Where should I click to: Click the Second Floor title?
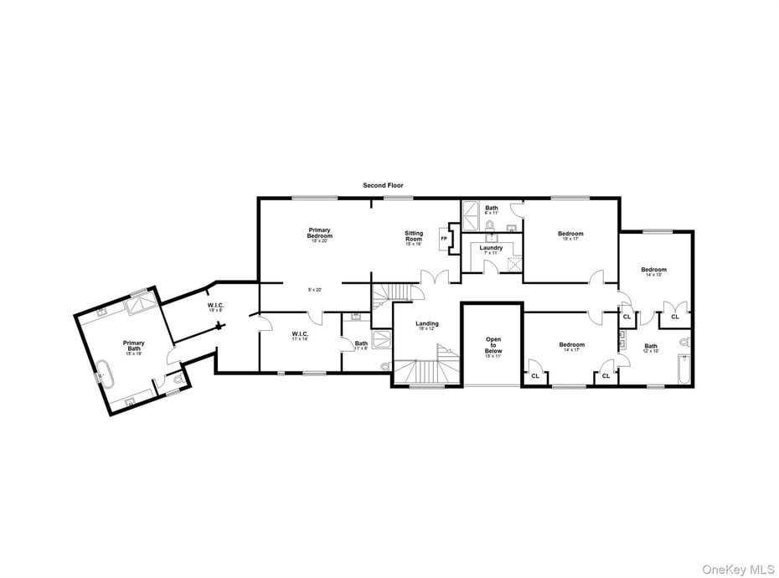383,185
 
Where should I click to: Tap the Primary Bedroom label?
319,234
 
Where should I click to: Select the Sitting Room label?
414,236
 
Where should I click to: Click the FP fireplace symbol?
444,239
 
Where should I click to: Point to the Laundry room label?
491,248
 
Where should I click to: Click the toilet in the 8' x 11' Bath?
491,224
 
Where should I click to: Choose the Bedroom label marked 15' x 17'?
570,235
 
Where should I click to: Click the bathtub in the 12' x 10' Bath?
684,368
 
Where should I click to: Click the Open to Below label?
493,345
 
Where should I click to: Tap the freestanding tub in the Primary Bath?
106,372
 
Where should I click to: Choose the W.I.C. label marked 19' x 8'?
216,306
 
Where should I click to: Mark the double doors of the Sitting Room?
435,278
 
